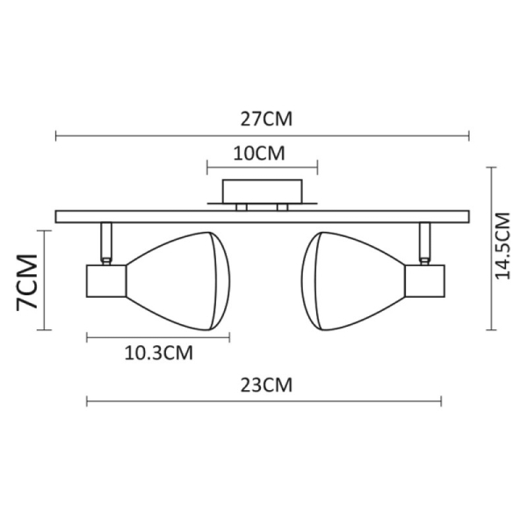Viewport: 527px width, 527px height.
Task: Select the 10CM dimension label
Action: [261, 152]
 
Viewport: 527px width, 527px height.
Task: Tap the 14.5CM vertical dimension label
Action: [503, 246]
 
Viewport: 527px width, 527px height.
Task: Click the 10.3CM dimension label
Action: [159, 354]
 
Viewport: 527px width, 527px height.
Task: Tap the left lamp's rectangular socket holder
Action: [104, 281]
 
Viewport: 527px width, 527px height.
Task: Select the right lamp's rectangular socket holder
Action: [425, 281]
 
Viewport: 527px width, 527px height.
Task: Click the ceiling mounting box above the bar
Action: [262, 191]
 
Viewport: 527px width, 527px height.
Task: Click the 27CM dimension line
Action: [262, 136]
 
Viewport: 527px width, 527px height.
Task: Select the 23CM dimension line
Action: [263, 401]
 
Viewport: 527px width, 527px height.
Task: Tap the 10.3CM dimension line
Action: [158, 336]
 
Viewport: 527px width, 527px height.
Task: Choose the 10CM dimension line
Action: [262, 166]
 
